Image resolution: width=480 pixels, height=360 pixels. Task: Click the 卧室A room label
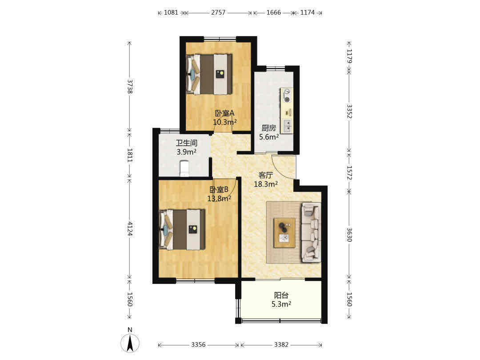[224, 113]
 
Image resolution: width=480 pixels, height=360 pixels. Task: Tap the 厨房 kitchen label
[268, 128]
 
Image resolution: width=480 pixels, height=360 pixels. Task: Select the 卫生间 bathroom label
[186, 143]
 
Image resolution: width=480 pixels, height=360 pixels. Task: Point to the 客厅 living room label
[265, 175]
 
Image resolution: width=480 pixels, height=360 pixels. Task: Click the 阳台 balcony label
[281, 296]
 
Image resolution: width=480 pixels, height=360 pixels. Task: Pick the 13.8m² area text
[219, 198]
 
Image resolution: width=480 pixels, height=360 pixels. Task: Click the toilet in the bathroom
[184, 168]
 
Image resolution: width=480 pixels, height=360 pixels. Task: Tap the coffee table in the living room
[285, 232]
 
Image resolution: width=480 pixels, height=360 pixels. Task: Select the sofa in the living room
[311, 232]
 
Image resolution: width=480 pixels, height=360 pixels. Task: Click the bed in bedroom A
[209, 74]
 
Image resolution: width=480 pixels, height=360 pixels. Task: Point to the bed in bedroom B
[182, 230]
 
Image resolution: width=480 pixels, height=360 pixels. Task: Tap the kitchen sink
[287, 126]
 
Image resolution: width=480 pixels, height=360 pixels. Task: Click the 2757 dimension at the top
[218, 12]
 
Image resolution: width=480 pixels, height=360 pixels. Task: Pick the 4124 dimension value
[130, 229]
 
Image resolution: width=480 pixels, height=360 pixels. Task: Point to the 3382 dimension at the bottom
[281, 345]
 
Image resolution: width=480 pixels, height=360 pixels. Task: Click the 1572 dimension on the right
[349, 172]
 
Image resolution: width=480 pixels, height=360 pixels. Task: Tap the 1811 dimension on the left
[130, 155]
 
